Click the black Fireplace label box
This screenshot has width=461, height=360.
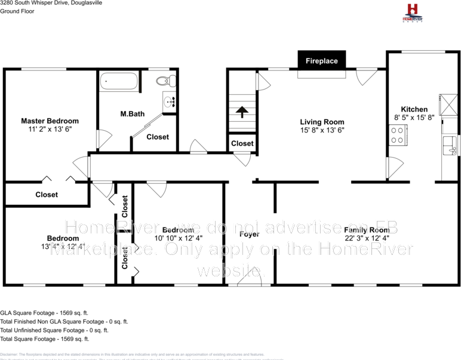point(322,61)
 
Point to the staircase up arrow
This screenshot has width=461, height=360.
point(241,112)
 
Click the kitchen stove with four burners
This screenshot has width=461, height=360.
point(397,134)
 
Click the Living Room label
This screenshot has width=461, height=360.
point(322,122)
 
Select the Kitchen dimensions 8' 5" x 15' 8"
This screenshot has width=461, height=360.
point(414,118)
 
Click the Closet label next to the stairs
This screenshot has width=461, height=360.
point(242,143)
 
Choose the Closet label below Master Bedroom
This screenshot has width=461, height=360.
point(47,195)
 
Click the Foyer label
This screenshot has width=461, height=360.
point(249,234)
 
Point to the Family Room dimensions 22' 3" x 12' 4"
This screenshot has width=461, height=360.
point(367,238)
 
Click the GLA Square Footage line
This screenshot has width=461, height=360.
point(44,312)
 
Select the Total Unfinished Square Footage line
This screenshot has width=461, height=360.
point(54,330)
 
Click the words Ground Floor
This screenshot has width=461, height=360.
point(17,11)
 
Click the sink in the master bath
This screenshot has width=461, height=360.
point(169,101)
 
